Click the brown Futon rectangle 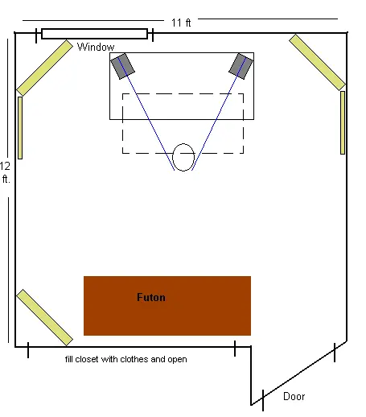167,306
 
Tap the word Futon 151,297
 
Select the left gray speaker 123,66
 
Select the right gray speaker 241,66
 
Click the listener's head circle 183,144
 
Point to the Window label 96,47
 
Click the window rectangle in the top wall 94,34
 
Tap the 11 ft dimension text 181,23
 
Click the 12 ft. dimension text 5,172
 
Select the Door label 294,396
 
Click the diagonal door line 299,373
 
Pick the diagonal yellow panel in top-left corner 44,68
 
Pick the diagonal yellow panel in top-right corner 318,62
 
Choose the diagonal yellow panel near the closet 44,318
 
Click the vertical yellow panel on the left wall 20,128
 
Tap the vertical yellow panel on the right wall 343,122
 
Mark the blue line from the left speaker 146,114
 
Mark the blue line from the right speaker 219,114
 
